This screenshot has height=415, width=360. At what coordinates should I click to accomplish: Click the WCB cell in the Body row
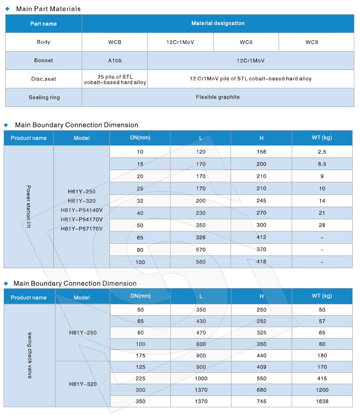(x=115, y=42)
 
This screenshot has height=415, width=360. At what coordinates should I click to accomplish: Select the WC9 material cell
(x=311, y=42)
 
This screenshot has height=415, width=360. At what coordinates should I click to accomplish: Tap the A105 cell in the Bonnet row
(x=115, y=60)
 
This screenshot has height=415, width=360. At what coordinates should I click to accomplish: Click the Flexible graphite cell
(x=218, y=97)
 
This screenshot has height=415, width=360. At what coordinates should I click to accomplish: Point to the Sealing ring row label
(x=44, y=97)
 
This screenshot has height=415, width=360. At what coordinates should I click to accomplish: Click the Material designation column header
(x=218, y=24)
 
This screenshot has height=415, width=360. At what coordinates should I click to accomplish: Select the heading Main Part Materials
(x=48, y=9)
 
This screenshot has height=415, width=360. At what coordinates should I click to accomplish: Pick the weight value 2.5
(x=322, y=152)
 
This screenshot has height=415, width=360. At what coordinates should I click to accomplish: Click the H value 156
(x=261, y=152)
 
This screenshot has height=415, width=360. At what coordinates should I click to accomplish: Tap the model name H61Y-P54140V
(x=81, y=210)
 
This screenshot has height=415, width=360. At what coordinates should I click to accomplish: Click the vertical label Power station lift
(x=28, y=207)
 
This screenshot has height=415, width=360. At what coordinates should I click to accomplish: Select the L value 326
(x=201, y=237)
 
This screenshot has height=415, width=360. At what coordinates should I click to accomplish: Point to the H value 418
(x=261, y=262)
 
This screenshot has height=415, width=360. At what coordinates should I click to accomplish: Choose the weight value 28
(x=322, y=225)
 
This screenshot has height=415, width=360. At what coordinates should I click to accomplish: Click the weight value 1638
(x=322, y=401)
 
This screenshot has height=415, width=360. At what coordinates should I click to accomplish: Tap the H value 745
(x=261, y=401)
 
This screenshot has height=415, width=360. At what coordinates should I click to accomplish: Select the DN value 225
(x=140, y=378)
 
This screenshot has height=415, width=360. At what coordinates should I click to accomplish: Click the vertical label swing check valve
(x=29, y=355)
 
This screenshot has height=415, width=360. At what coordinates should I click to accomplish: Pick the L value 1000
(x=201, y=378)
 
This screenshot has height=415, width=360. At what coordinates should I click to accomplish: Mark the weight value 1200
(x=322, y=390)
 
